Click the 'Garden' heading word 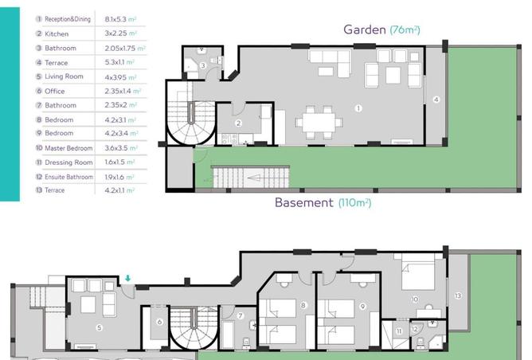tap(365, 29)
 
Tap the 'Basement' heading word tap(304, 202)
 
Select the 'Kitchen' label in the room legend tap(57, 34)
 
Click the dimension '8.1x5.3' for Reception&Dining tap(115, 19)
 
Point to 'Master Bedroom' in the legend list tap(68, 148)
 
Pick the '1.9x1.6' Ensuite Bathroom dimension tap(115, 177)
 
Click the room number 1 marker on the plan tap(358, 108)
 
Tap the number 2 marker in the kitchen tap(238, 123)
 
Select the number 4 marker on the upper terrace tap(436, 100)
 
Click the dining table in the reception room tap(319, 123)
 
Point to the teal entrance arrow tap(127, 279)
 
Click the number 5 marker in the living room tap(99, 328)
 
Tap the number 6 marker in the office tap(159, 322)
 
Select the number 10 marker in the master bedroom tap(415, 299)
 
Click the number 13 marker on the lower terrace tap(458, 295)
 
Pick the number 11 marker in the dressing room tap(399, 331)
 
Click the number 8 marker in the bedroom tap(303, 305)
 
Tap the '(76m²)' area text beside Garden tap(405, 29)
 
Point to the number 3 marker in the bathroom tap(203, 65)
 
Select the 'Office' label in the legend tap(55, 92)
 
